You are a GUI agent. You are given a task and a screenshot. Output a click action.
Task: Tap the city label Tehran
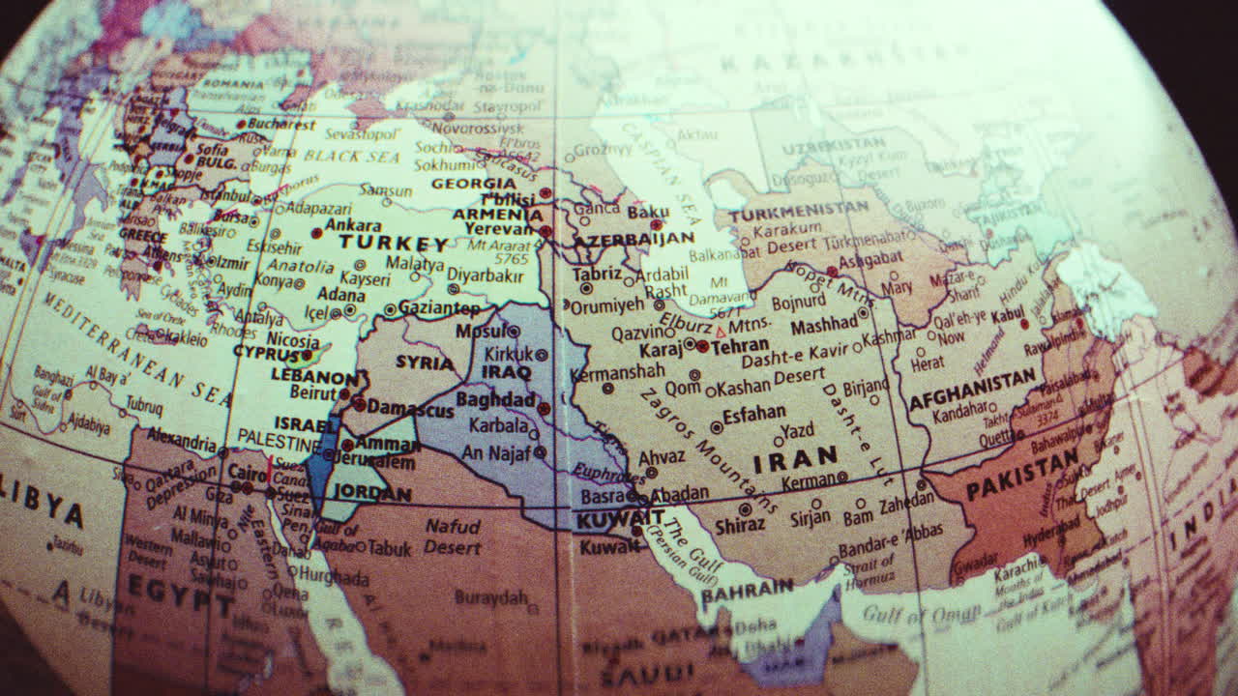coord(740,345)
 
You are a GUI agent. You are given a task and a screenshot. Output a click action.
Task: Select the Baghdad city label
coord(495,399)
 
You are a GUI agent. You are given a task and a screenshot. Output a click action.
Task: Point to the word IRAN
coord(795,458)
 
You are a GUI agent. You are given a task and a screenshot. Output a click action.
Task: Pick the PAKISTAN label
coord(1021,475)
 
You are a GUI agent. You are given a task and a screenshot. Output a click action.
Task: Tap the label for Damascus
coord(410,409)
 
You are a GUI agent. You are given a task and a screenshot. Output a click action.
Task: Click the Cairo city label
coord(248,473)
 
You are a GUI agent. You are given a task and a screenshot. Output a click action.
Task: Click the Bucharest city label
coord(280,124)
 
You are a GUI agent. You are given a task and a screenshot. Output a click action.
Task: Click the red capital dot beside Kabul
coord(1024,324)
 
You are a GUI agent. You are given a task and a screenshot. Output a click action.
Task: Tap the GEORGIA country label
coord(474,184)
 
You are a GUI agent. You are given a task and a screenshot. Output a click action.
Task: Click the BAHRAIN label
coord(747,590)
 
